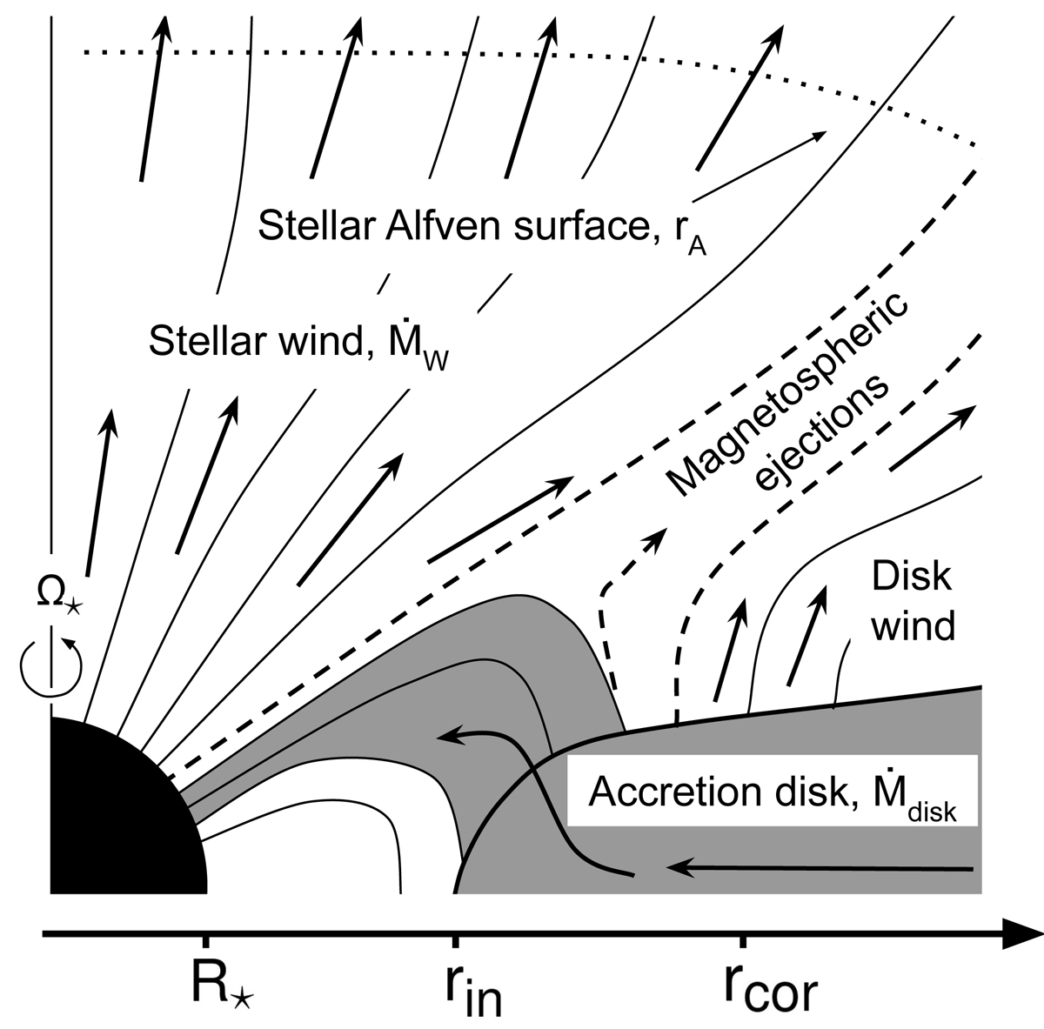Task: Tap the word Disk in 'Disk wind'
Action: [911, 576]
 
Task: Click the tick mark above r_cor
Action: [743, 941]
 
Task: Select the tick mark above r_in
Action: [455, 941]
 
